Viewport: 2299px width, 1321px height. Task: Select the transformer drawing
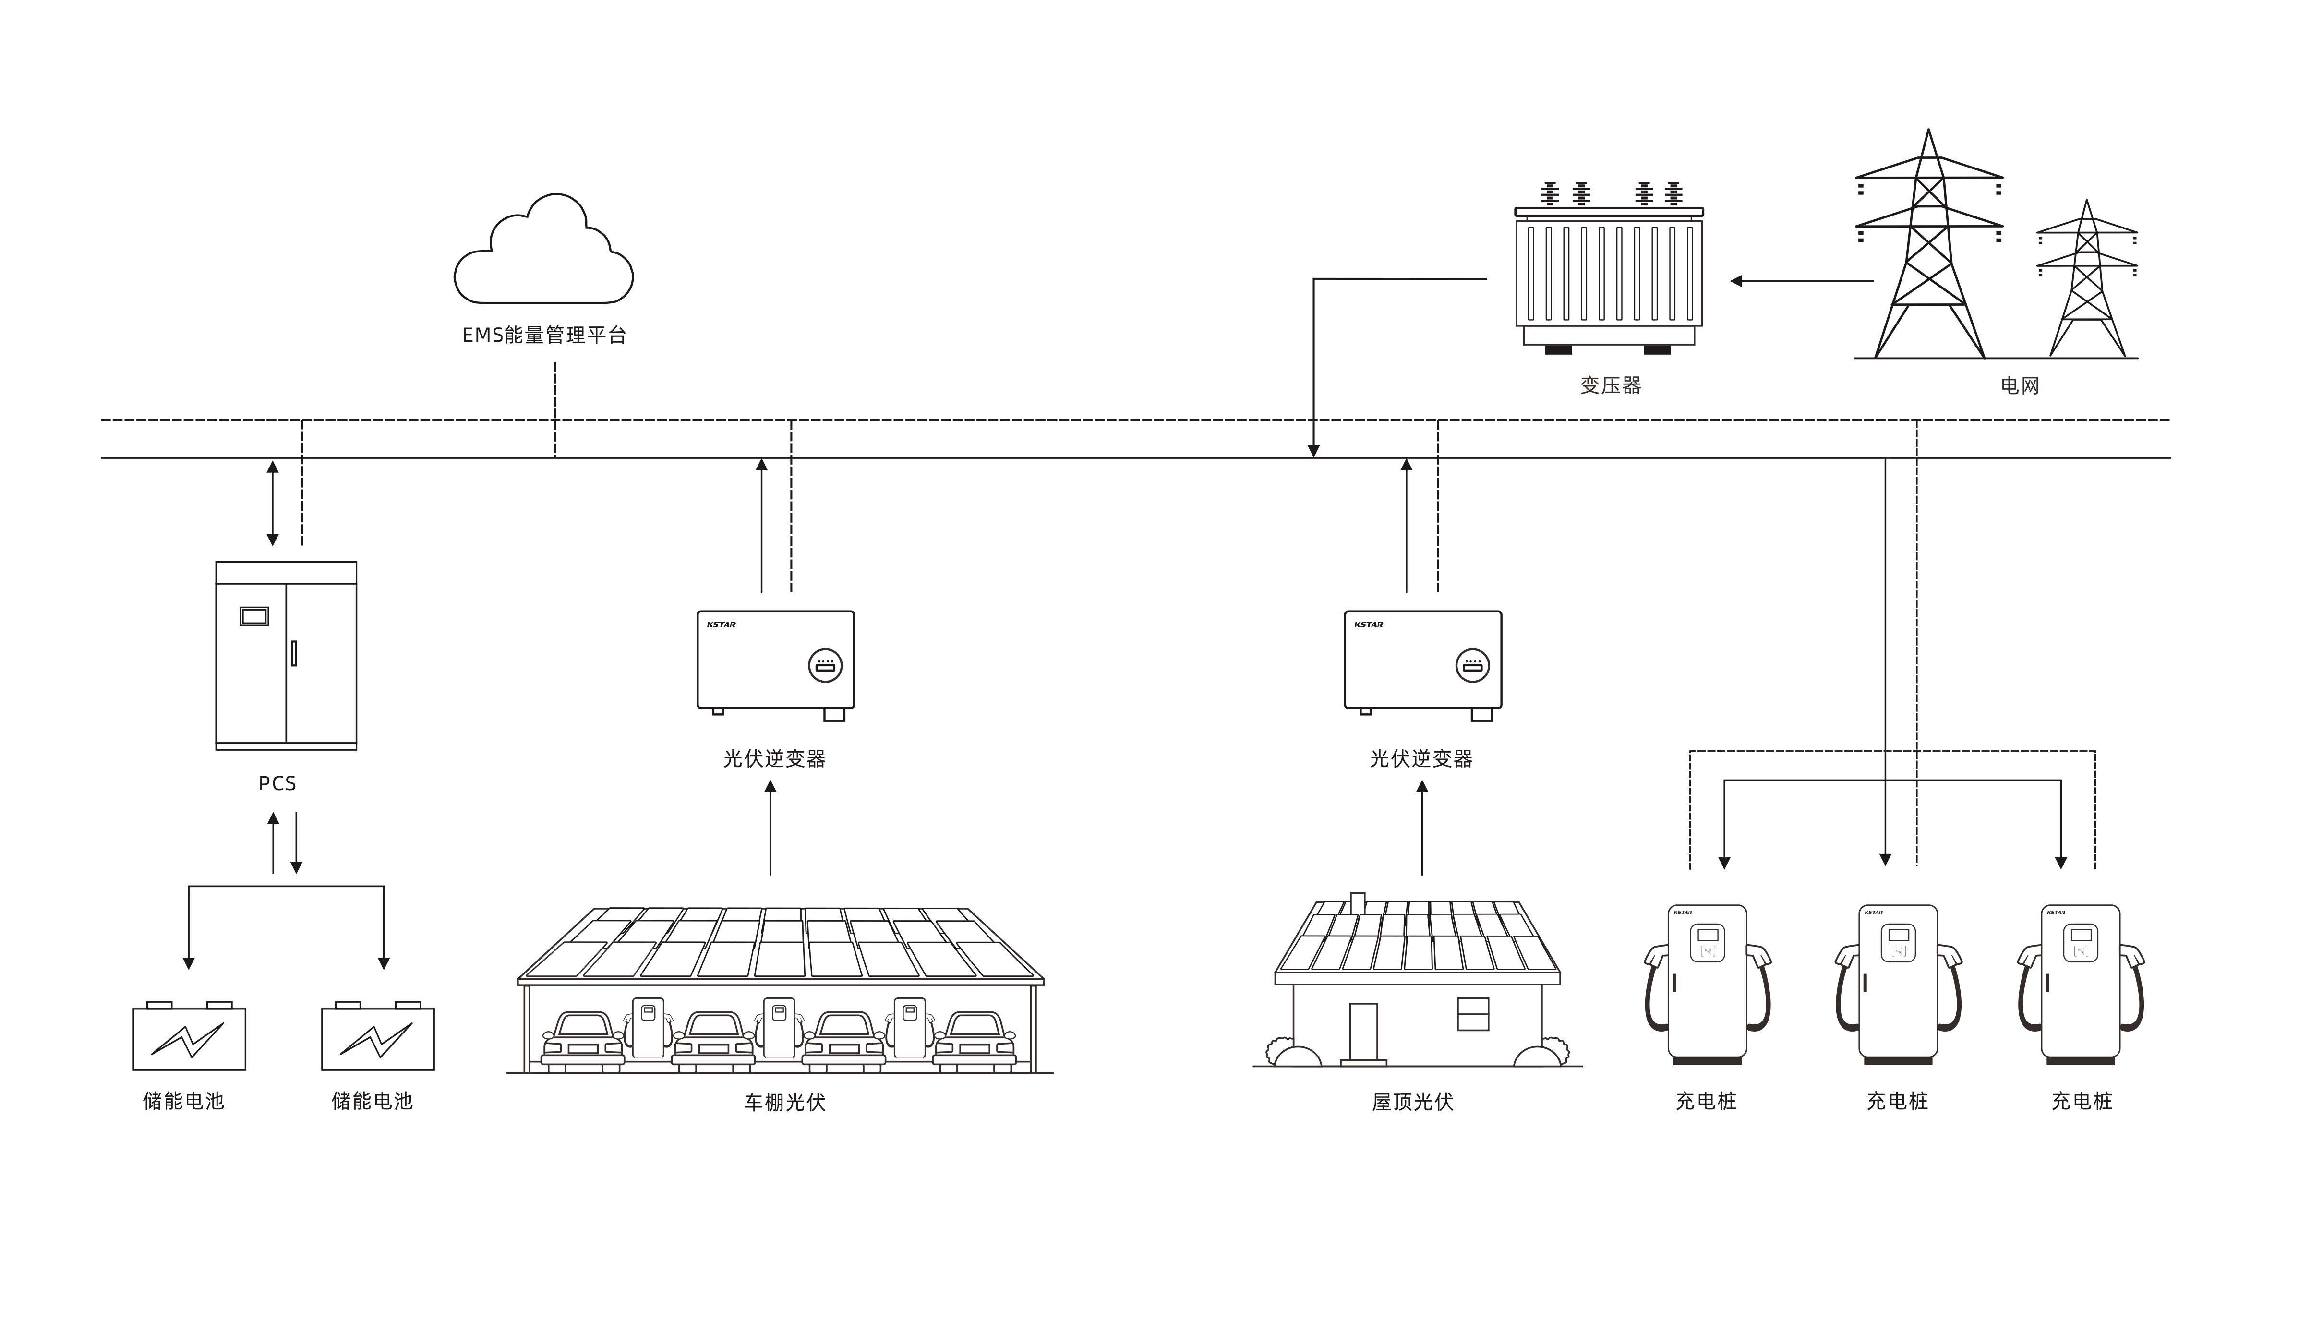[x=1609, y=272]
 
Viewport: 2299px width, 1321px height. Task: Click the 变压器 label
[x=1611, y=385]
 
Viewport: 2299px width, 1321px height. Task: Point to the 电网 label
[x=2020, y=385]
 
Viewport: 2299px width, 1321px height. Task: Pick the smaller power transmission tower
[x=2087, y=281]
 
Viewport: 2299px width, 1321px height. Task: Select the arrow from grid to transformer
[x=1801, y=281]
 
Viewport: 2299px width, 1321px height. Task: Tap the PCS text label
[x=277, y=783]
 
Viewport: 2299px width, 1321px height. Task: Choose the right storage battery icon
[x=377, y=1037]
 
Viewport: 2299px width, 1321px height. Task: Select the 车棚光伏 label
[x=785, y=1102]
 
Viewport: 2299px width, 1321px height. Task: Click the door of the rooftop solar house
[x=1363, y=1032]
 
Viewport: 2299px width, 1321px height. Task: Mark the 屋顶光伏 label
[x=1413, y=1102]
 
